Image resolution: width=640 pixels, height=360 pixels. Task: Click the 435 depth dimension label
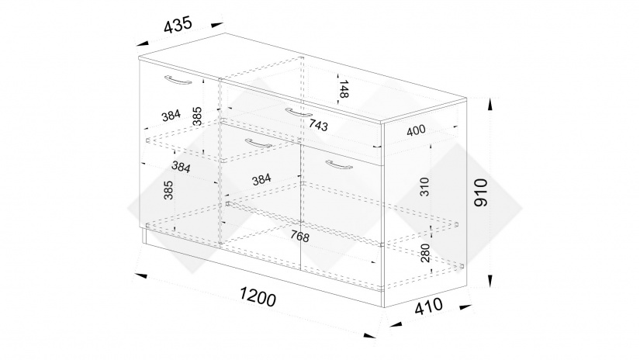tap(178, 25)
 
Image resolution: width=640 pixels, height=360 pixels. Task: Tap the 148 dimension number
tap(343, 89)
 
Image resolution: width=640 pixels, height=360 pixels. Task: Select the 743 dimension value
tap(318, 125)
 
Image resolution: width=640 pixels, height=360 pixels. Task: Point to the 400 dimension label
tap(416, 130)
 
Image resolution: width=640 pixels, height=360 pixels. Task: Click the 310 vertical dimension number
tap(424, 186)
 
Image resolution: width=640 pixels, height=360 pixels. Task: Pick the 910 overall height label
tap(481, 192)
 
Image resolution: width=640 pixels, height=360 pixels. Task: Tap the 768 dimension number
tap(300, 236)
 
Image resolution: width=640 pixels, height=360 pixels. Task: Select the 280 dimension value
tap(424, 253)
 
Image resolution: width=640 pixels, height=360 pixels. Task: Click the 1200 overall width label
tap(258, 296)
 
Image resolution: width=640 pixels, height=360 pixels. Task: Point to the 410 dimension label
tap(428, 306)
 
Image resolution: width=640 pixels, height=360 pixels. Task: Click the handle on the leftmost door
tap(178, 80)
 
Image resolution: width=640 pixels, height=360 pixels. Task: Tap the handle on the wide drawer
tap(299, 112)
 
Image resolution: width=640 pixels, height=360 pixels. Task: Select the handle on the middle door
tap(258, 144)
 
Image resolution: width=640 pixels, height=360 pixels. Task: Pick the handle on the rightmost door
tap(339, 164)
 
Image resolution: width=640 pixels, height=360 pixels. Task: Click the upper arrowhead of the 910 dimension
tap(490, 105)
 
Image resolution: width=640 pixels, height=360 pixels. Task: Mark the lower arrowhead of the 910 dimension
tap(490, 280)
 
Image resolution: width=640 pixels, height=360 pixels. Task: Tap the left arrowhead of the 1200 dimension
tap(140, 275)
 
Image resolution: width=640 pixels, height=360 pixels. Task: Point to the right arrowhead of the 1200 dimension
tap(369, 335)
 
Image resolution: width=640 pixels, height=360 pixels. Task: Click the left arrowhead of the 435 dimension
tap(143, 43)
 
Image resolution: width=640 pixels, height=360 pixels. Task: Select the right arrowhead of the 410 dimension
tap(465, 306)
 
